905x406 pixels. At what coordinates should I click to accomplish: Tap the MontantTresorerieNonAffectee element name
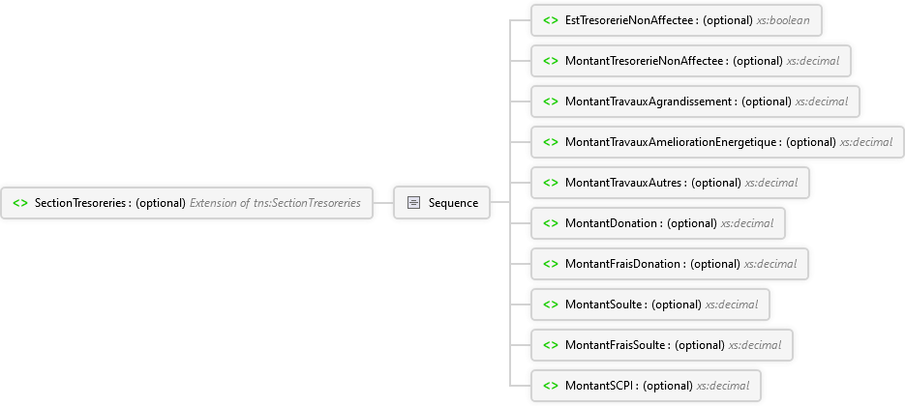pos(646,61)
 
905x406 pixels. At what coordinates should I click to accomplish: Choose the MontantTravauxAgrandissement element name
pos(649,101)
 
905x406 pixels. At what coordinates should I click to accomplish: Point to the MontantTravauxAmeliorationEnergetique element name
pos(672,142)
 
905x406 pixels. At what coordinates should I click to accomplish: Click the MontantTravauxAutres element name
pos(624,183)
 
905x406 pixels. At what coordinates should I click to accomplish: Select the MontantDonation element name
pos(612,223)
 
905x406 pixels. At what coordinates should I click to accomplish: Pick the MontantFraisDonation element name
pos(623,264)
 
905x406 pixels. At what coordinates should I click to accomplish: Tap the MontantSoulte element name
pos(604,304)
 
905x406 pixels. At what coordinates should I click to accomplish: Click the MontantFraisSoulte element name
pos(616,345)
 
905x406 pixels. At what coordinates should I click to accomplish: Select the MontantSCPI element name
pos(600,386)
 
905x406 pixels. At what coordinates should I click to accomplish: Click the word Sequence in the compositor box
pos(453,203)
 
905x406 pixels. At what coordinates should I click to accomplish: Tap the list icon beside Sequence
pos(413,203)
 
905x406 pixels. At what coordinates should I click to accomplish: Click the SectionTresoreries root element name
pos(81,203)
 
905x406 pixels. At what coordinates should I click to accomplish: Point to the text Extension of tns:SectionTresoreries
pos(275,203)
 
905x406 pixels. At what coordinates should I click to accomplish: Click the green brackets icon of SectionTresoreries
pos(19,203)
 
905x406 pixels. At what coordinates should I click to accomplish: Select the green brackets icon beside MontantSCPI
pos(550,386)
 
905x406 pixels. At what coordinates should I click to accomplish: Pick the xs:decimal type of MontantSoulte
pos(732,304)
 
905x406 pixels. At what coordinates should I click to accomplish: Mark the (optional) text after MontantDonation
pos(692,223)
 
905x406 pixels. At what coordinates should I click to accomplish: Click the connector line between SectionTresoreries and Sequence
pos(382,203)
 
